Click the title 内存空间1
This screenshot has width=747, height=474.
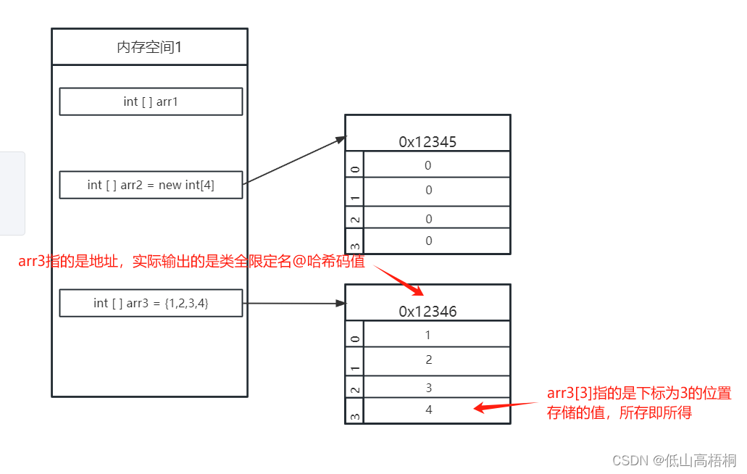pos(149,48)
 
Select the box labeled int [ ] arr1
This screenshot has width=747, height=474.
pos(151,101)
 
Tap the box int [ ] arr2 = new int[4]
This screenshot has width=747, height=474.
pos(151,185)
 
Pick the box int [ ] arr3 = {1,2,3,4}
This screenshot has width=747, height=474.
pos(151,303)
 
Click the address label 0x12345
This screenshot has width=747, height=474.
pos(427,142)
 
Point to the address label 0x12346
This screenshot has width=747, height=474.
pos(427,312)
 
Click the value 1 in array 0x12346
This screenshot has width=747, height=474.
pos(428,335)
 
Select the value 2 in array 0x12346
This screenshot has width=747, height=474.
pos(429,359)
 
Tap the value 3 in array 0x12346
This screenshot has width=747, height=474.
pos(429,388)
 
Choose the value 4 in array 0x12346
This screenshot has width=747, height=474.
pos(429,409)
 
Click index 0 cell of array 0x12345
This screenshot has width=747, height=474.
pos(354,165)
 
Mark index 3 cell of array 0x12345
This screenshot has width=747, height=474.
pos(354,241)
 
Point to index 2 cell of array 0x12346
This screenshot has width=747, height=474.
pos(354,388)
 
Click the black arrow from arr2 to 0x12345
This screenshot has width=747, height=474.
pos(293,160)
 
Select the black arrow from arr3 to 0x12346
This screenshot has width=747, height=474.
pos(293,303)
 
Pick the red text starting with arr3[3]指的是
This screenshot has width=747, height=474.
pos(639,403)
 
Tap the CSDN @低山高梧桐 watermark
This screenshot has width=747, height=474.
pos(674,460)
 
